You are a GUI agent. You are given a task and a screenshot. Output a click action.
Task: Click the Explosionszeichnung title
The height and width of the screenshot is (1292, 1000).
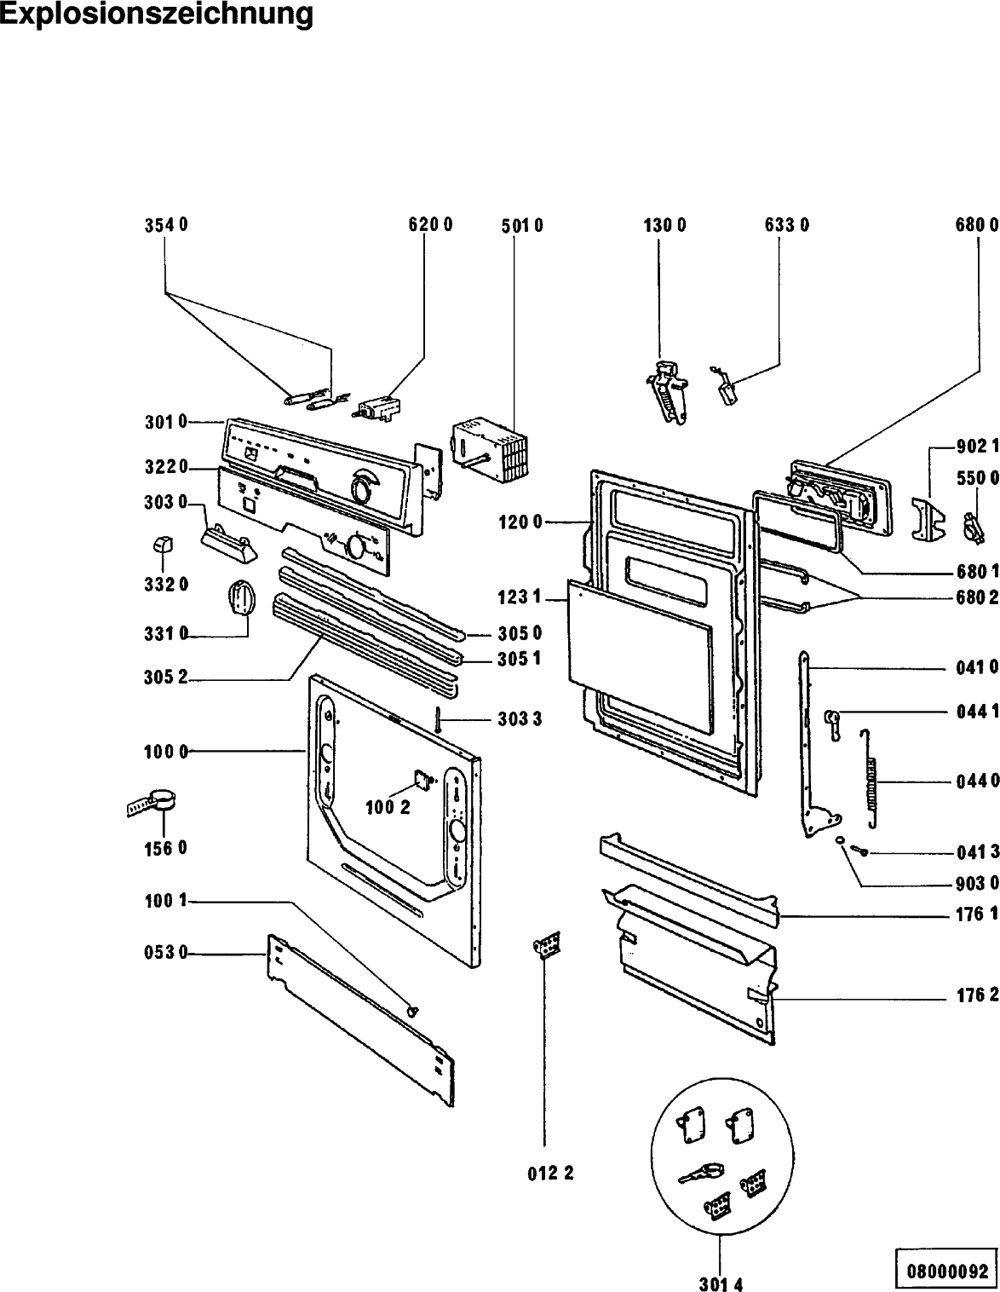[157, 14]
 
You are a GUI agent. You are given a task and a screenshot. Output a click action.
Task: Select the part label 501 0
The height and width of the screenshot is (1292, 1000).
[521, 226]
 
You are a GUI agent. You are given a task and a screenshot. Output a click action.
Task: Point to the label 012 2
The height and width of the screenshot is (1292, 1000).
[550, 1174]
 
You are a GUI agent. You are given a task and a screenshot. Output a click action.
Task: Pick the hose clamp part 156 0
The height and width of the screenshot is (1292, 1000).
[153, 801]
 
